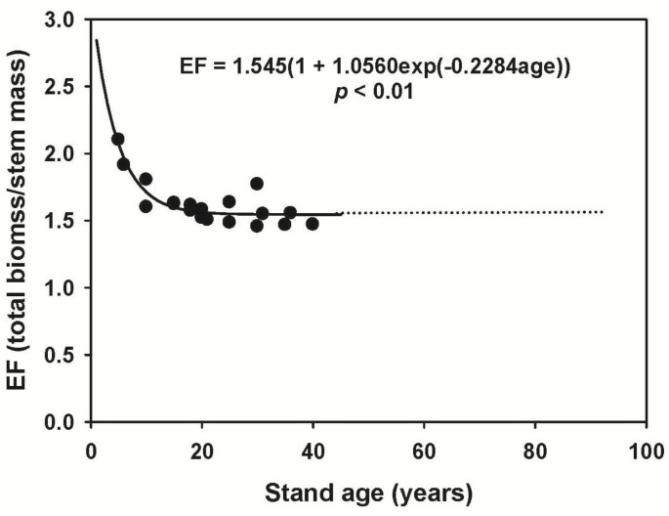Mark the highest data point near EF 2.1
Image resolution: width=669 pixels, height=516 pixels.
118,139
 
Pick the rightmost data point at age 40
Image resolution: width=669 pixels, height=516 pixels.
313,224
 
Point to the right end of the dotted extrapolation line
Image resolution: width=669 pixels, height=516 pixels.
603,212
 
